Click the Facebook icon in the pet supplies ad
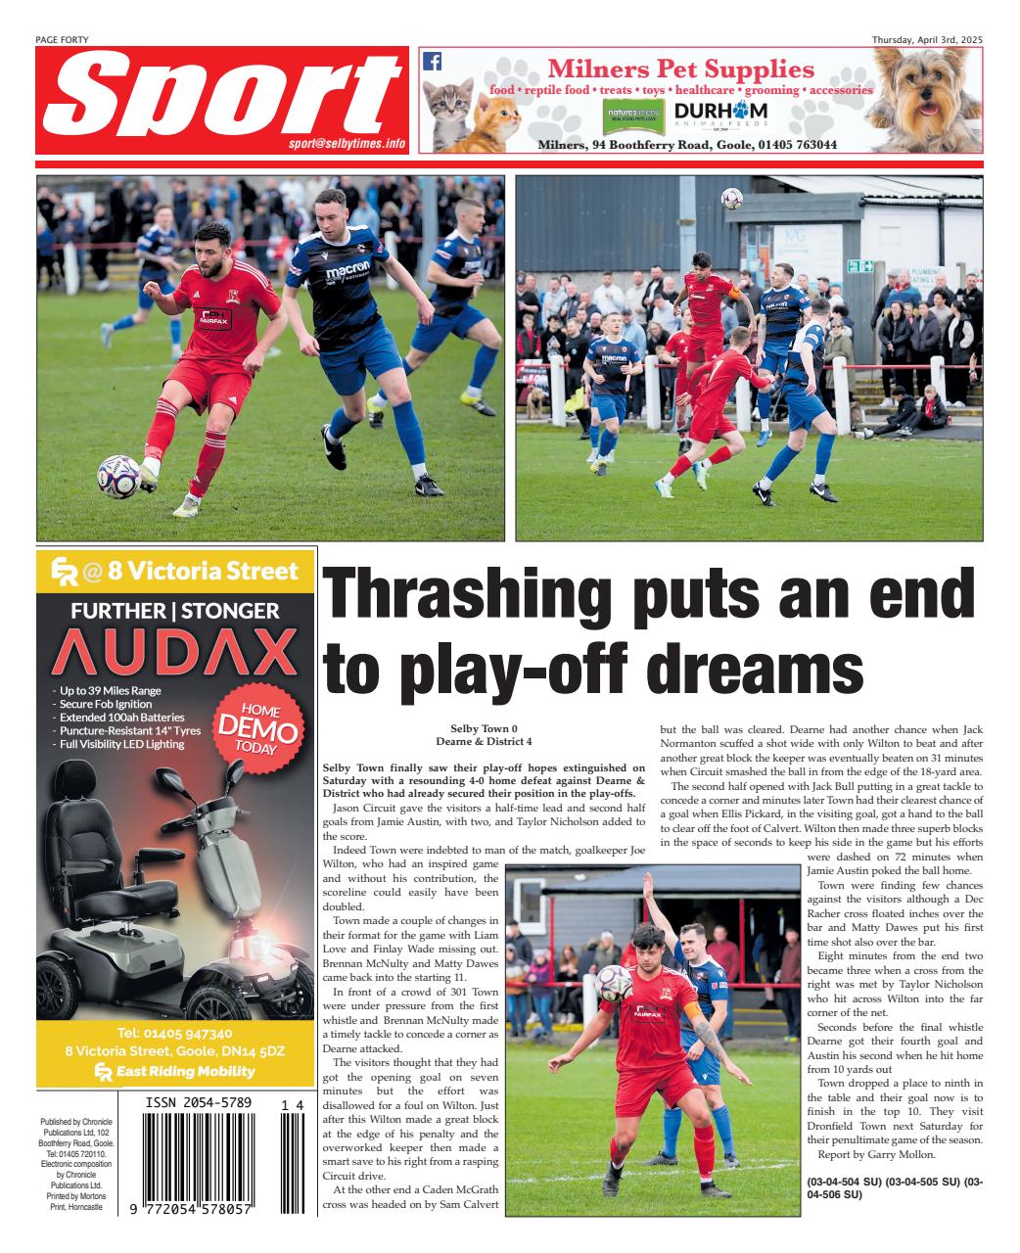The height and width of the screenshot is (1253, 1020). (432, 61)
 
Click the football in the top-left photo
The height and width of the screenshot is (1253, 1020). (117, 477)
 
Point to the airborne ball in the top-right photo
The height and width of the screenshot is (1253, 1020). (730, 199)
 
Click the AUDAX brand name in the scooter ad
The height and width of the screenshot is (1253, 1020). (174, 653)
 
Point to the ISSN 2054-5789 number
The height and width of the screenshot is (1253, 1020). (199, 1103)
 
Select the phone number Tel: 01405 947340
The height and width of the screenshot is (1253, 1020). (175, 1033)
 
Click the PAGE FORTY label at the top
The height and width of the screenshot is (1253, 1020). (61, 39)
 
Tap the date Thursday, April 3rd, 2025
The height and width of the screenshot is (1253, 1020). (927, 39)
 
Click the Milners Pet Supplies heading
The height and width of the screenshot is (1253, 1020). (680, 70)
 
